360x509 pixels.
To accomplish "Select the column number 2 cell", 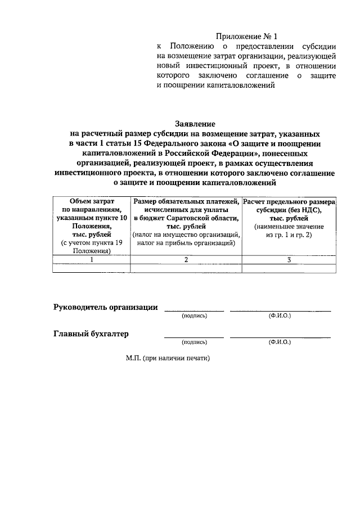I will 186,259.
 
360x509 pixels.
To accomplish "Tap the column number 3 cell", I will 289,259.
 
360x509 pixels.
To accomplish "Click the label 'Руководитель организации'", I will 105,307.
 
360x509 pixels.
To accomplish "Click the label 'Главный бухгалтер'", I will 91,334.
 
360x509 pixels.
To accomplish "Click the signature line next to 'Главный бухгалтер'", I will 194,337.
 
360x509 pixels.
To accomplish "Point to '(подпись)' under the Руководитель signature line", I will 194,316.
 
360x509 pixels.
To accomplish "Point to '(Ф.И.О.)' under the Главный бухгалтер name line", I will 280,342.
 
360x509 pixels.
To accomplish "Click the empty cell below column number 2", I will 186,268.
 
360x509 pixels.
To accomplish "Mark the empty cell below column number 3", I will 289,268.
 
